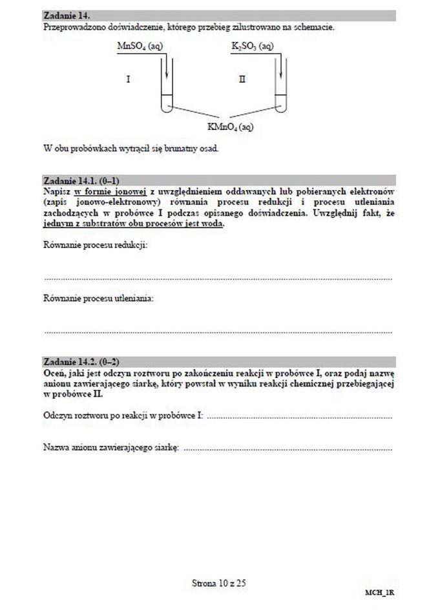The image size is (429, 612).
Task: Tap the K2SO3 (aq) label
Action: click(x=252, y=47)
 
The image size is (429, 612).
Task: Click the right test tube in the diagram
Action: click(x=280, y=90)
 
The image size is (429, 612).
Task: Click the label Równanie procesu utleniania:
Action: click(x=98, y=299)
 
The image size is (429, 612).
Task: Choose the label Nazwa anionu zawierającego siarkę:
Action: click(x=110, y=447)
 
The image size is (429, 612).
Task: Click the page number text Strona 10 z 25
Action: click(x=219, y=583)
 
